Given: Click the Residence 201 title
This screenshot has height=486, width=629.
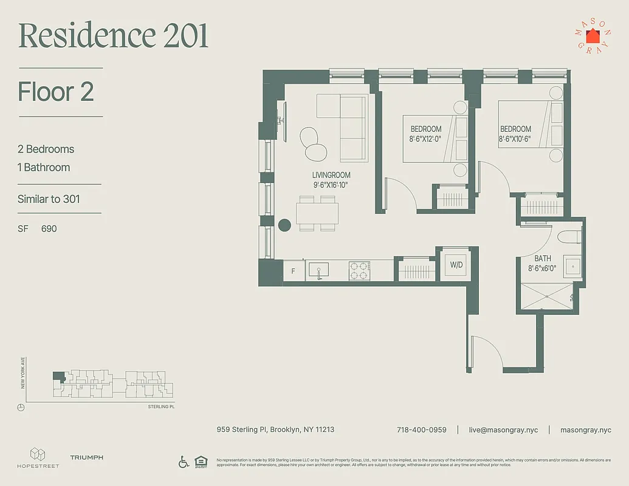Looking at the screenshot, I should pos(114,36).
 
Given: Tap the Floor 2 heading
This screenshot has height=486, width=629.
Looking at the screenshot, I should pos(56,92).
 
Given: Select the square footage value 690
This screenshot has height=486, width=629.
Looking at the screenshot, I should pos(49,229).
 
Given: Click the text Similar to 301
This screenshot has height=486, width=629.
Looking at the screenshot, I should pos(49,199).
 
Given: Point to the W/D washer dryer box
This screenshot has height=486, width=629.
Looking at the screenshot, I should pos(455,265).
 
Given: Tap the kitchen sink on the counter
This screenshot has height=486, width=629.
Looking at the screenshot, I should pos(318,270).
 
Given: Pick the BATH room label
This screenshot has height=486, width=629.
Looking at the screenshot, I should pos(543,259).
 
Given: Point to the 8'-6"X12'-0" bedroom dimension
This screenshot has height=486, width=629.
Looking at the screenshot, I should pos(425,139).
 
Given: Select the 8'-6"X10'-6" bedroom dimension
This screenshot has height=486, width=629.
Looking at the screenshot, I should pos(515,139).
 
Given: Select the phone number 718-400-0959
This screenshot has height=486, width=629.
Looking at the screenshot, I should pos(421,430).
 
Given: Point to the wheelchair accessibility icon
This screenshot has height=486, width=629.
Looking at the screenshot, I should pos(184,462).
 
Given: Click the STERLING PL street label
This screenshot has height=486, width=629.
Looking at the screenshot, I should pos(161,406).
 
